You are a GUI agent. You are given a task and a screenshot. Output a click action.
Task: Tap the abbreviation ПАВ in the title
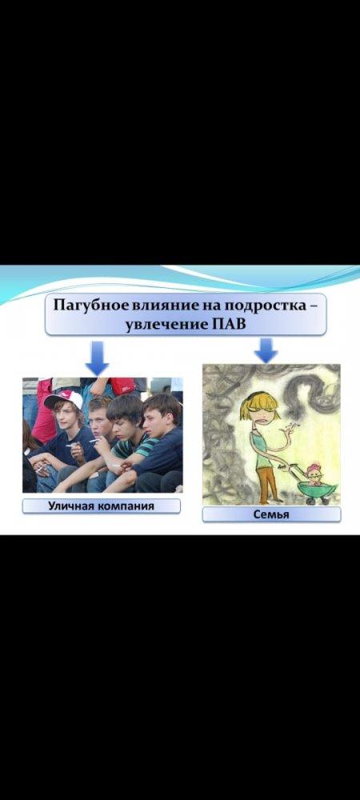(x=229, y=325)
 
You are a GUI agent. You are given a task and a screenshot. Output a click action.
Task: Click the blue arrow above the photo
(x=97, y=358)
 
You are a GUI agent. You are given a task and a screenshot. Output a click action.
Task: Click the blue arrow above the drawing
(x=266, y=350)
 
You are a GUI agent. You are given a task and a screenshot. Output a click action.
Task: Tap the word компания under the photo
(x=125, y=506)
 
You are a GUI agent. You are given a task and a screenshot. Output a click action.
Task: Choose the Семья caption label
(x=271, y=514)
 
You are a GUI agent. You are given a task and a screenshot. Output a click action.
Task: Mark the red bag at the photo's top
(x=122, y=386)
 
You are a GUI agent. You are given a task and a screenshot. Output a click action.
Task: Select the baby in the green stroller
(x=314, y=474)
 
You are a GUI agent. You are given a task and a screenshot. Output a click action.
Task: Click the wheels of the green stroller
(x=317, y=501)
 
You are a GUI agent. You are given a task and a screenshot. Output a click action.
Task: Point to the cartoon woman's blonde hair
(x=260, y=403)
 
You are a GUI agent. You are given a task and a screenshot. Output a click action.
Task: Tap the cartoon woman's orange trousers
(x=265, y=483)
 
